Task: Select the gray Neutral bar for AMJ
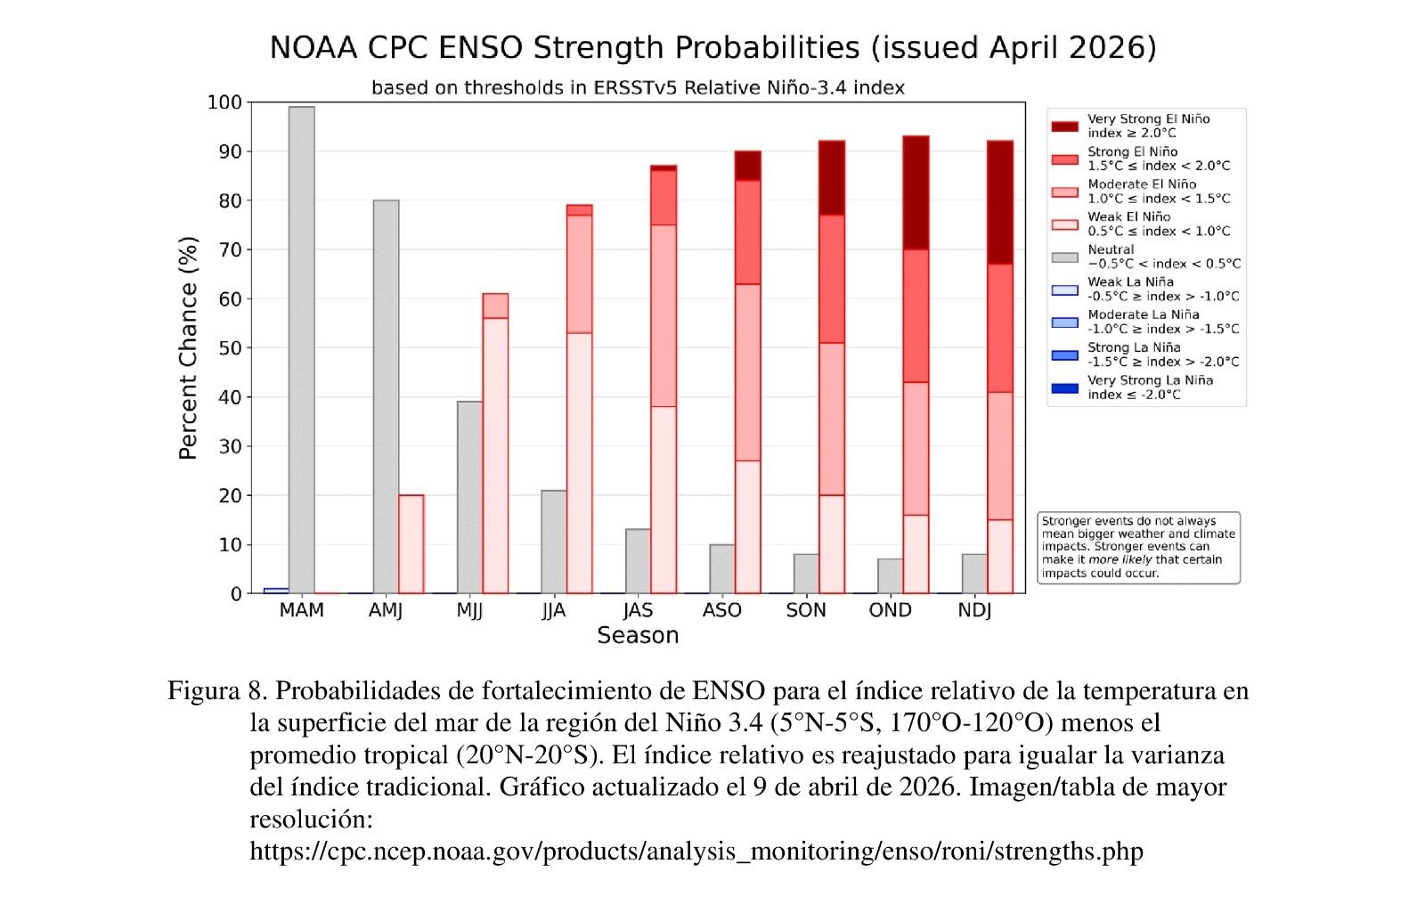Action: coord(386,396)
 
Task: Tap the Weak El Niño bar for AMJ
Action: coord(411,544)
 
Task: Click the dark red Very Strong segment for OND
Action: coord(916,192)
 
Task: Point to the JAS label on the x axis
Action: coord(638,611)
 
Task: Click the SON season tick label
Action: coord(806,611)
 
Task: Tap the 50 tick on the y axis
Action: coord(230,348)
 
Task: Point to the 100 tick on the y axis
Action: coord(224,102)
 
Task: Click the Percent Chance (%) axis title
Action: coord(188,347)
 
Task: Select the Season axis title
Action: coord(638,636)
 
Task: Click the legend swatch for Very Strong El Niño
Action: coord(1064,126)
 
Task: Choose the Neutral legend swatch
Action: coord(1064,257)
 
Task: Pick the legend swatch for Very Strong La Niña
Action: coord(1064,388)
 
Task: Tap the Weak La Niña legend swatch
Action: coord(1064,289)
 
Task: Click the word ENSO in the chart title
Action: coord(481,47)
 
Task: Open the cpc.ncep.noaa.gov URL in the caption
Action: coord(696,852)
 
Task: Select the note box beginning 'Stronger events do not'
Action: coord(1138,548)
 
